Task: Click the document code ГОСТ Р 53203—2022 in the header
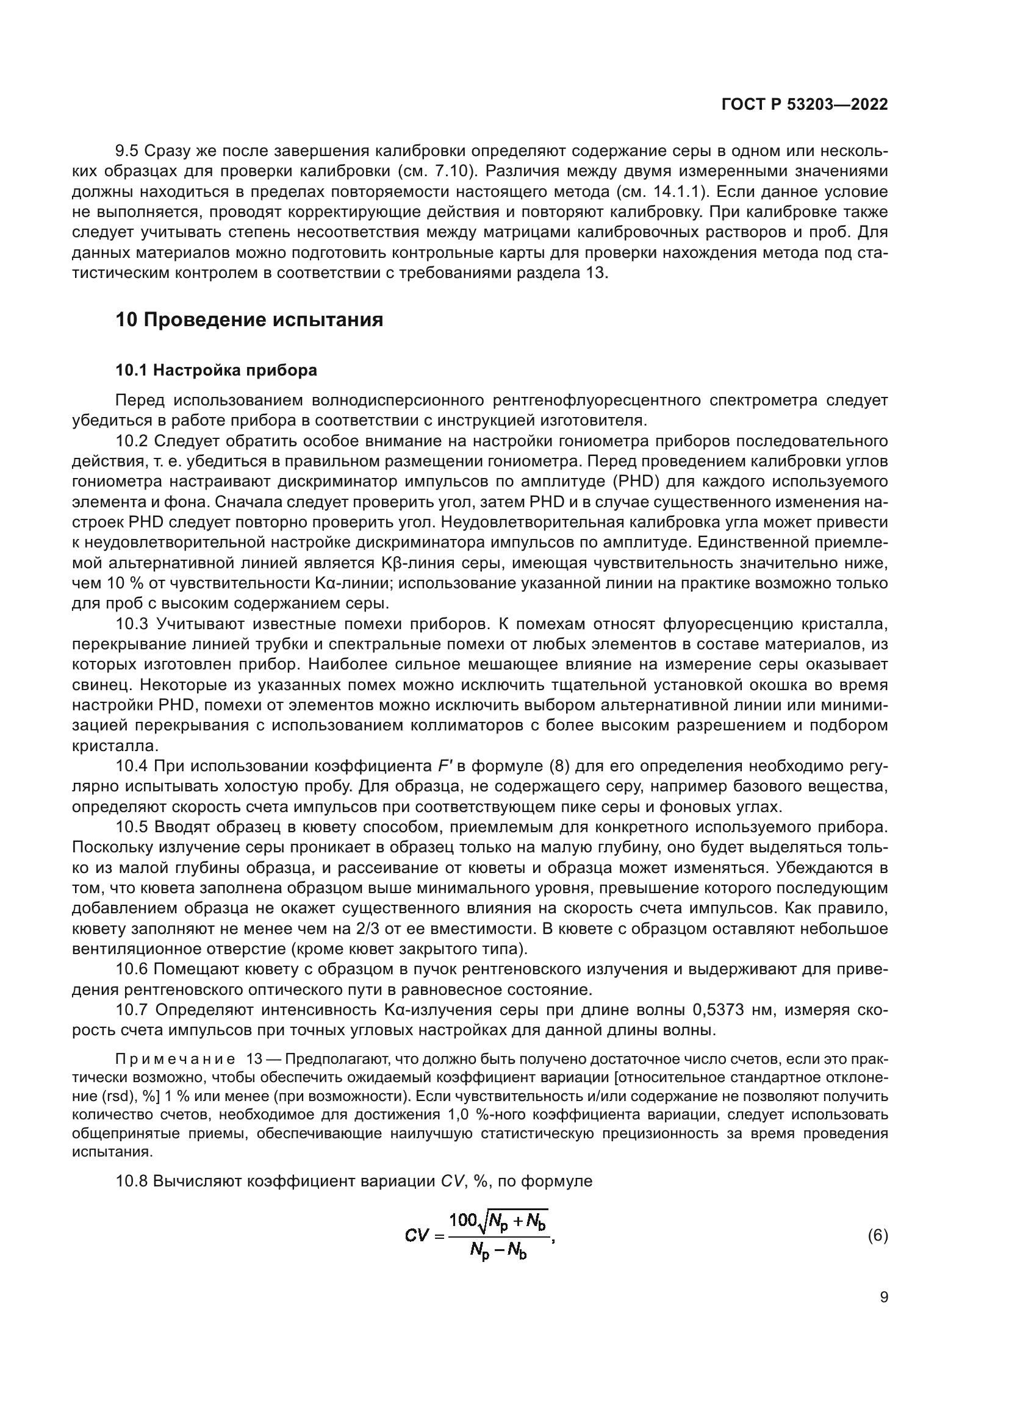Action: (x=805, y=105)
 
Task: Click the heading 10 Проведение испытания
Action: (x=249, y=320)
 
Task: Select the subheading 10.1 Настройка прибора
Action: (x=216, y=370)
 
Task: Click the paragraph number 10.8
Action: (x=131, y=1182)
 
